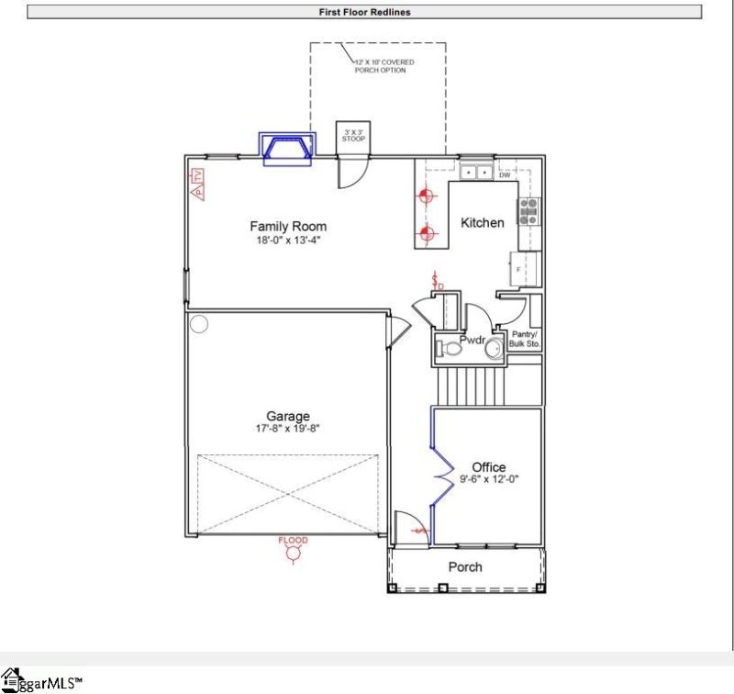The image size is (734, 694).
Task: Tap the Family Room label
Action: [288, 226]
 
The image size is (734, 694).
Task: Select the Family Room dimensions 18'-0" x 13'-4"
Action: [288, 240]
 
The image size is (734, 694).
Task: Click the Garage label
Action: [288, 416]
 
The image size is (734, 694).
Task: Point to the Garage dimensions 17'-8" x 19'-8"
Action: [288, 429]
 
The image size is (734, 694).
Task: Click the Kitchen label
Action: [482, 222]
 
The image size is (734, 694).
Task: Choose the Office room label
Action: [488, 466]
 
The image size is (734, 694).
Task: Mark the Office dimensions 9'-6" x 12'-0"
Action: [488, 479]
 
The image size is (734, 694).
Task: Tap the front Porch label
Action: [465, 566]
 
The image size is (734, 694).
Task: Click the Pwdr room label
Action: [472, 339]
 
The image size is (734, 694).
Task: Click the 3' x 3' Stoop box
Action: [353, 136]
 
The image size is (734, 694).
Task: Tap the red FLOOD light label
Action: [294, 541]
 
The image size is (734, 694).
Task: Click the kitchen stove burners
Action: [529, 212]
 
